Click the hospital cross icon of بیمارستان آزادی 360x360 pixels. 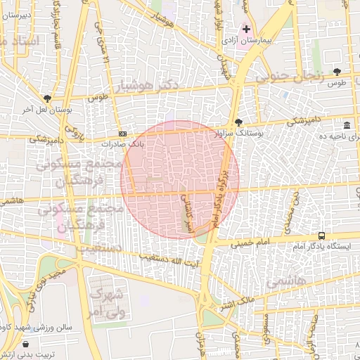pyautogui.click(x=246, y=29)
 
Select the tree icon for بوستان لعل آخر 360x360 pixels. pyautogui.click(x=47, y=98)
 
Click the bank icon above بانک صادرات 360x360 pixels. pyautogui.click(x=123, y=134)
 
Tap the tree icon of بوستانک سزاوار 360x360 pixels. pyautogui.click(x=238, y=122)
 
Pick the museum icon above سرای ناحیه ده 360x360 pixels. pyautogui.click(x=348, y=124)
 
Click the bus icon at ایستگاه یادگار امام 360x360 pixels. pyautogui.click(x=321, y=236)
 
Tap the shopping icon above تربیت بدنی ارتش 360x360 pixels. pyautogui.click(x=26, y=344)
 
